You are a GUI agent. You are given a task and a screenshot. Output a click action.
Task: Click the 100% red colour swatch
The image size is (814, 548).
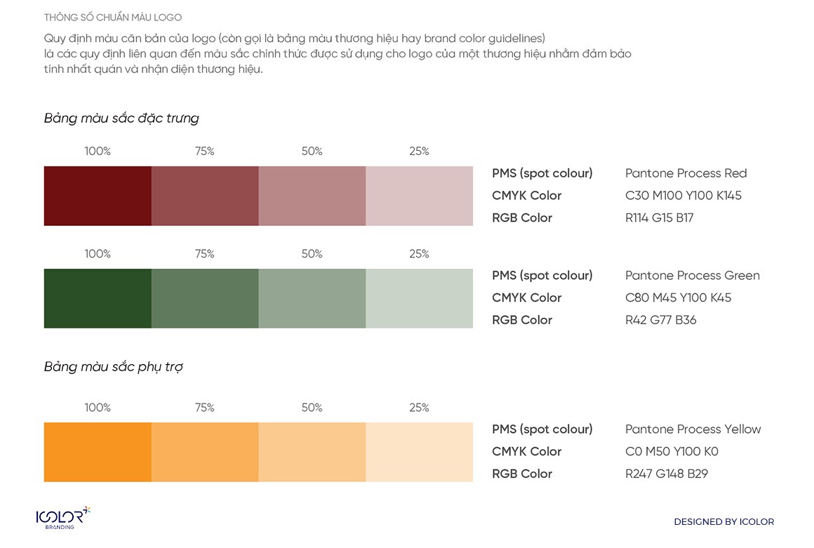click(98, 196)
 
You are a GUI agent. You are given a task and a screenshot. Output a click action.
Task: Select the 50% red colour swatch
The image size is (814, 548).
click(312, 196)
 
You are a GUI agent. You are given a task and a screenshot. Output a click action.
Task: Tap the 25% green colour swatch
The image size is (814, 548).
click(420, 298)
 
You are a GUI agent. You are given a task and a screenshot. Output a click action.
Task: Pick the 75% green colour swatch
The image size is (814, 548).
click(205, 298)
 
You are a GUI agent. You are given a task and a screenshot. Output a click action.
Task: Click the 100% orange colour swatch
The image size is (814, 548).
click(98, 452)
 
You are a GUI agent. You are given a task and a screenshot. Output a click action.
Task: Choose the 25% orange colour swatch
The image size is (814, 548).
click(420, 452)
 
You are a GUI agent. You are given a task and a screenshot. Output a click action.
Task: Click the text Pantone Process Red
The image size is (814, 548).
click(686, 173)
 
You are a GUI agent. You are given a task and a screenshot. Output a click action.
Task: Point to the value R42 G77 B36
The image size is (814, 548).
click(660, 320)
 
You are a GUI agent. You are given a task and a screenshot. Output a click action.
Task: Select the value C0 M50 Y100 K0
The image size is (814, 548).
click(672, 451)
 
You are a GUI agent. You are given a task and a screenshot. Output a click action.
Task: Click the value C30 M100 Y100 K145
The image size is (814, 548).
click(683, 196)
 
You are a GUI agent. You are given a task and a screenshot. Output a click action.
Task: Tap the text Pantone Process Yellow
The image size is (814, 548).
click(693, 429)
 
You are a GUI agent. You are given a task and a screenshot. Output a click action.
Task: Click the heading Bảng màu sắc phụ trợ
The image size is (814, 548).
click(114, 367)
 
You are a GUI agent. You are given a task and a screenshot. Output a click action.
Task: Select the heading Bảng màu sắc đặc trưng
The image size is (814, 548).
click(121, 118)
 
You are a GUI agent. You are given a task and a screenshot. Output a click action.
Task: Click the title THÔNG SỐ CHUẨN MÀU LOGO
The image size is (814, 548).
click(112, 17)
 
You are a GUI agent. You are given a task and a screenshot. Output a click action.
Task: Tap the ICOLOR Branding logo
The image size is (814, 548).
click(62, 518)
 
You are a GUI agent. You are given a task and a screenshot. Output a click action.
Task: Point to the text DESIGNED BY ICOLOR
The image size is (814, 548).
click(723, 522)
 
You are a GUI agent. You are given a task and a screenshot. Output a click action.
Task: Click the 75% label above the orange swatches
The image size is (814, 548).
click(205, 408)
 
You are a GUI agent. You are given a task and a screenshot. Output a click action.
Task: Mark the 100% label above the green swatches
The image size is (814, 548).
click(98, 254)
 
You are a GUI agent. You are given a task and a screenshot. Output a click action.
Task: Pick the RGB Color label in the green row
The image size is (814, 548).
click(522, 320)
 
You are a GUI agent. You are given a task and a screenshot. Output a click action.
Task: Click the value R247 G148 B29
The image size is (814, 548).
click(666, 474)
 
